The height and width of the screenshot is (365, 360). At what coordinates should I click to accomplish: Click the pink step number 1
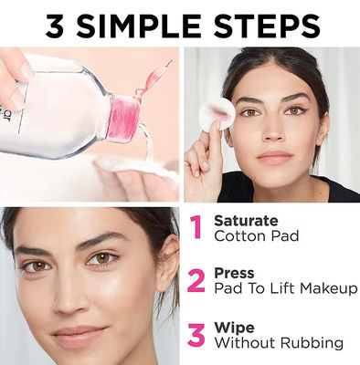(196, 227)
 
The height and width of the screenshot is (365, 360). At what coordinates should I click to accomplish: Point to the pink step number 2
(196, 280)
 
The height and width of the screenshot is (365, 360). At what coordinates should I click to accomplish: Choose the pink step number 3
(196, 334)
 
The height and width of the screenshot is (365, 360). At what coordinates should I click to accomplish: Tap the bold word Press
(234, 273)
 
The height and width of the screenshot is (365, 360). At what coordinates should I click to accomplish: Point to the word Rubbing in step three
(313, 343)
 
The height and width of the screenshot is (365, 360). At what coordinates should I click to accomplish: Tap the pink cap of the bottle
(125, 117)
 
